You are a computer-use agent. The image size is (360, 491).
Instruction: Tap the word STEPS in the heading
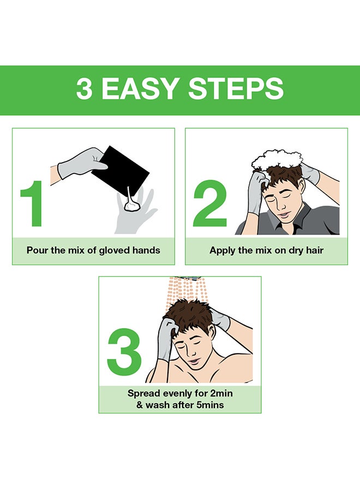[x=236, y=88]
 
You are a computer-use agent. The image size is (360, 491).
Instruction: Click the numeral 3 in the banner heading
[x=85, y=88]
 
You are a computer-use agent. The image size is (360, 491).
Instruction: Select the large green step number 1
[x=32, y=203]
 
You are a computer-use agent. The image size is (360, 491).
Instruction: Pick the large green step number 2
[x=210, y=203]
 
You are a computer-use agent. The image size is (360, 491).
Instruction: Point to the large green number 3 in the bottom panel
[x=124, y=352]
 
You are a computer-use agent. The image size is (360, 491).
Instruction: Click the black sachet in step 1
[x=120, y=171]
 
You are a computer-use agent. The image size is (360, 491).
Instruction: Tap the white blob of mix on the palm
[x=132, y=206]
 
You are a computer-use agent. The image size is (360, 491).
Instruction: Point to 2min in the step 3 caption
[x=221, y=393]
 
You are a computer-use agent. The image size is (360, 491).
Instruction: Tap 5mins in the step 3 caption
[x=210, y=405]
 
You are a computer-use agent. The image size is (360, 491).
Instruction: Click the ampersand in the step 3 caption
[x=140, y=405]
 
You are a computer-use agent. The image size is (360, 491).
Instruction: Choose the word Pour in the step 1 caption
[x=36, y=250]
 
